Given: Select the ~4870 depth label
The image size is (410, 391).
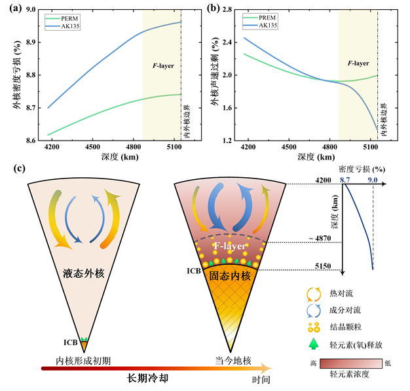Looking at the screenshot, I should [326, 243].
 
